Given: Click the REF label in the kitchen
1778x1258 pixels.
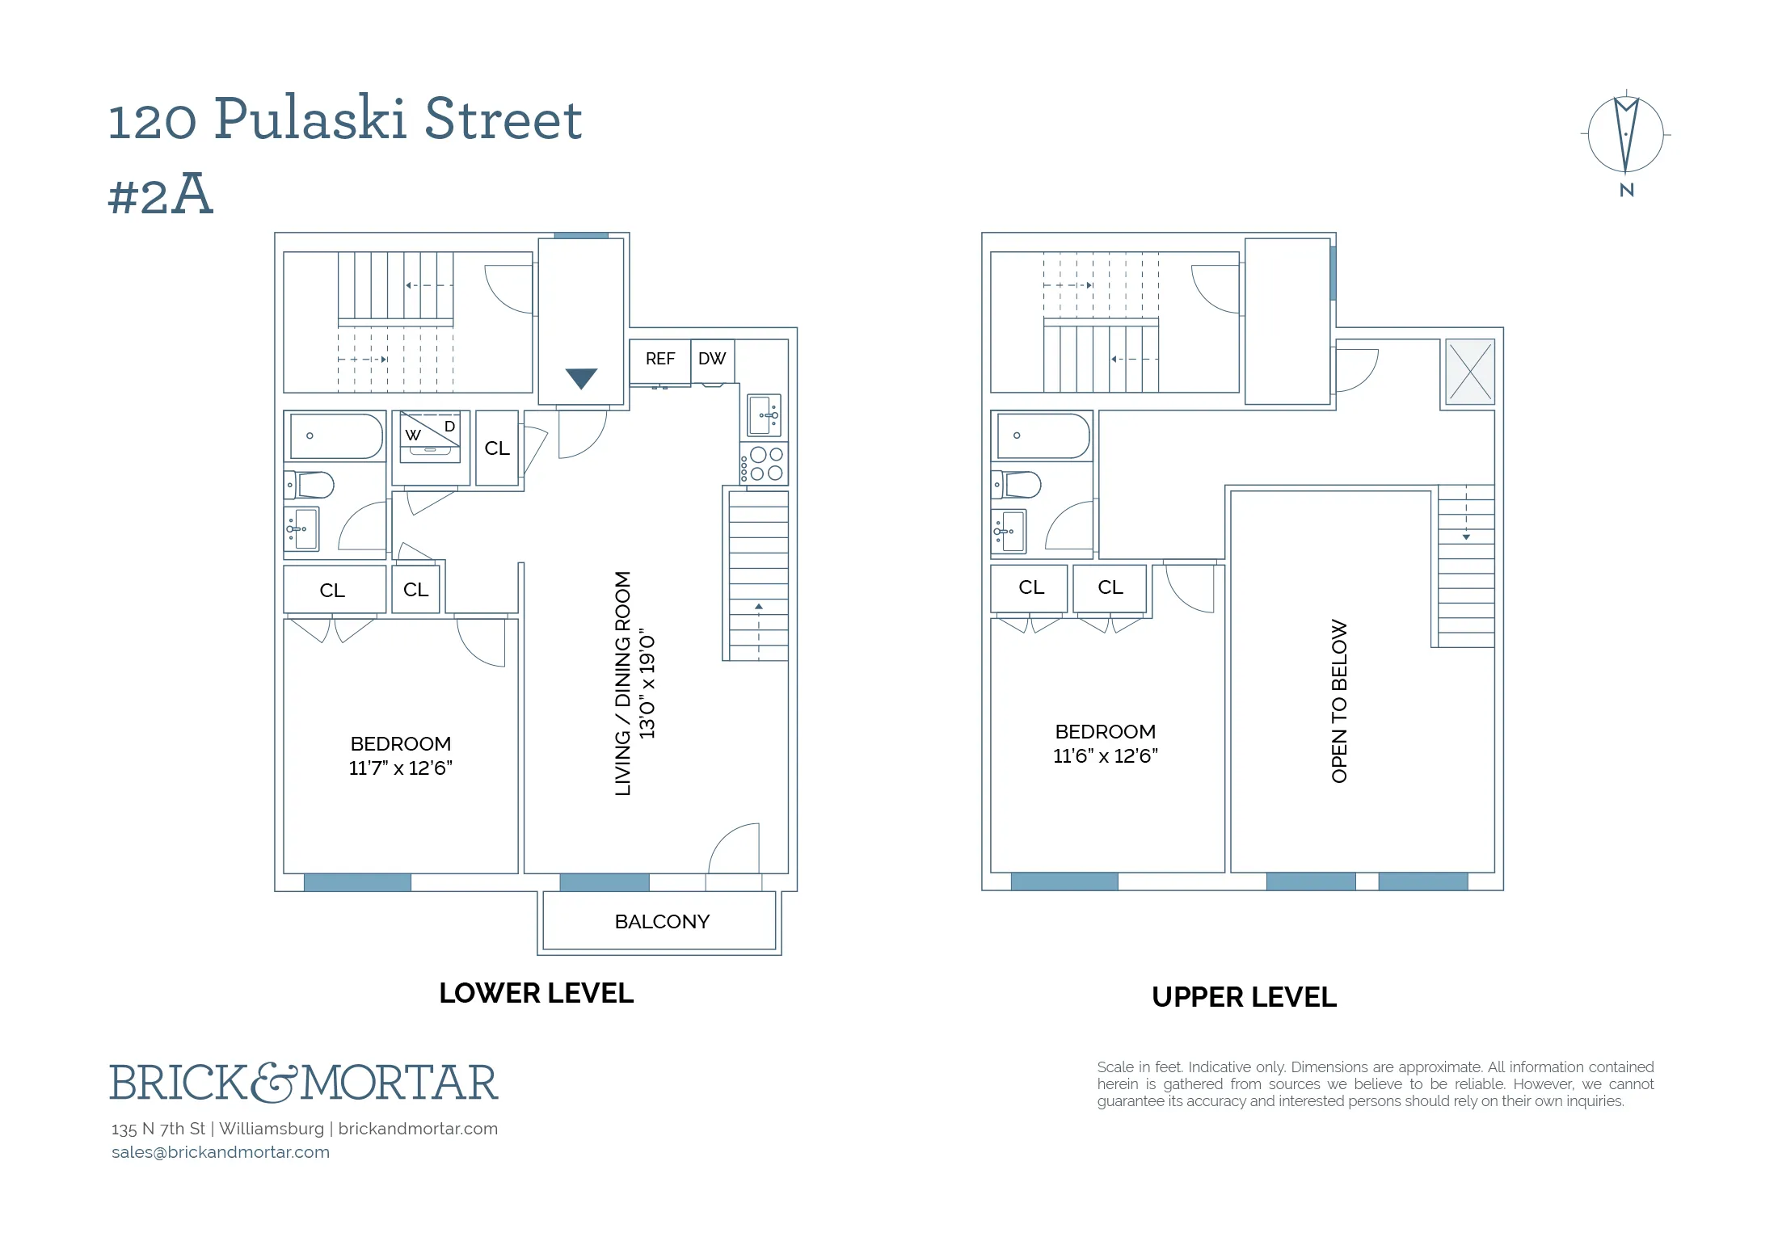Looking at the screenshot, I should [x=659, y=359].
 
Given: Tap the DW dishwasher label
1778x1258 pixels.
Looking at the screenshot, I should [x=712, y=359].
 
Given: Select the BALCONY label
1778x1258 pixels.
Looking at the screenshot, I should [x=662, y=922].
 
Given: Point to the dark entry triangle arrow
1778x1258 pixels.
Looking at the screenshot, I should [x=581, y=377].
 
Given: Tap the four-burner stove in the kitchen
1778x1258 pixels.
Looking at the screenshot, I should [x=765, y=464].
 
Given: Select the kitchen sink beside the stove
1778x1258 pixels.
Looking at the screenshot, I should [x=764, y=415].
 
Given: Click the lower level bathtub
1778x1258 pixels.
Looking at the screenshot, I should [x=336, y=436].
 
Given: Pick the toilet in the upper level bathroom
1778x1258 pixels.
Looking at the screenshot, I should [x=1020, y=485].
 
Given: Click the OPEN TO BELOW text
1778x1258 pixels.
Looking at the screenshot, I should [x=1339, y=701].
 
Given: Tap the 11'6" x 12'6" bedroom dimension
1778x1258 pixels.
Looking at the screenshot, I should [x=1105, y=756].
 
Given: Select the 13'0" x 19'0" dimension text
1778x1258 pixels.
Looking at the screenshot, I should [x=647, y=684].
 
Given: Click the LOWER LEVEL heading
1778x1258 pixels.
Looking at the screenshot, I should [x=536, y=993].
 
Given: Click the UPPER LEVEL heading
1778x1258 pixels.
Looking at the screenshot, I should [x=1244, y=997].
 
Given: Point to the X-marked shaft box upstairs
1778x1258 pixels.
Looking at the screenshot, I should [x=1470, y=372].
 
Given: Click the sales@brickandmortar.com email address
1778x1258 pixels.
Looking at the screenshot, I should [x=221, y=1152].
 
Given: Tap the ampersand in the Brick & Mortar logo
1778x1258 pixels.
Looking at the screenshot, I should [x=275, y=1083].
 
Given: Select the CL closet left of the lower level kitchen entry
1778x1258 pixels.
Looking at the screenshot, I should [x=497, y=448].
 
